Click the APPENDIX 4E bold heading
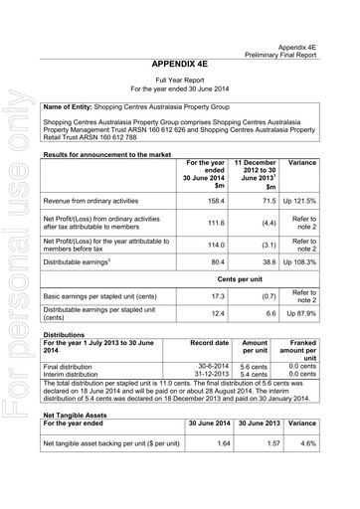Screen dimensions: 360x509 (x=188, y=63)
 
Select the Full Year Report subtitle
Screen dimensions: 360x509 (x=188, y=79)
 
